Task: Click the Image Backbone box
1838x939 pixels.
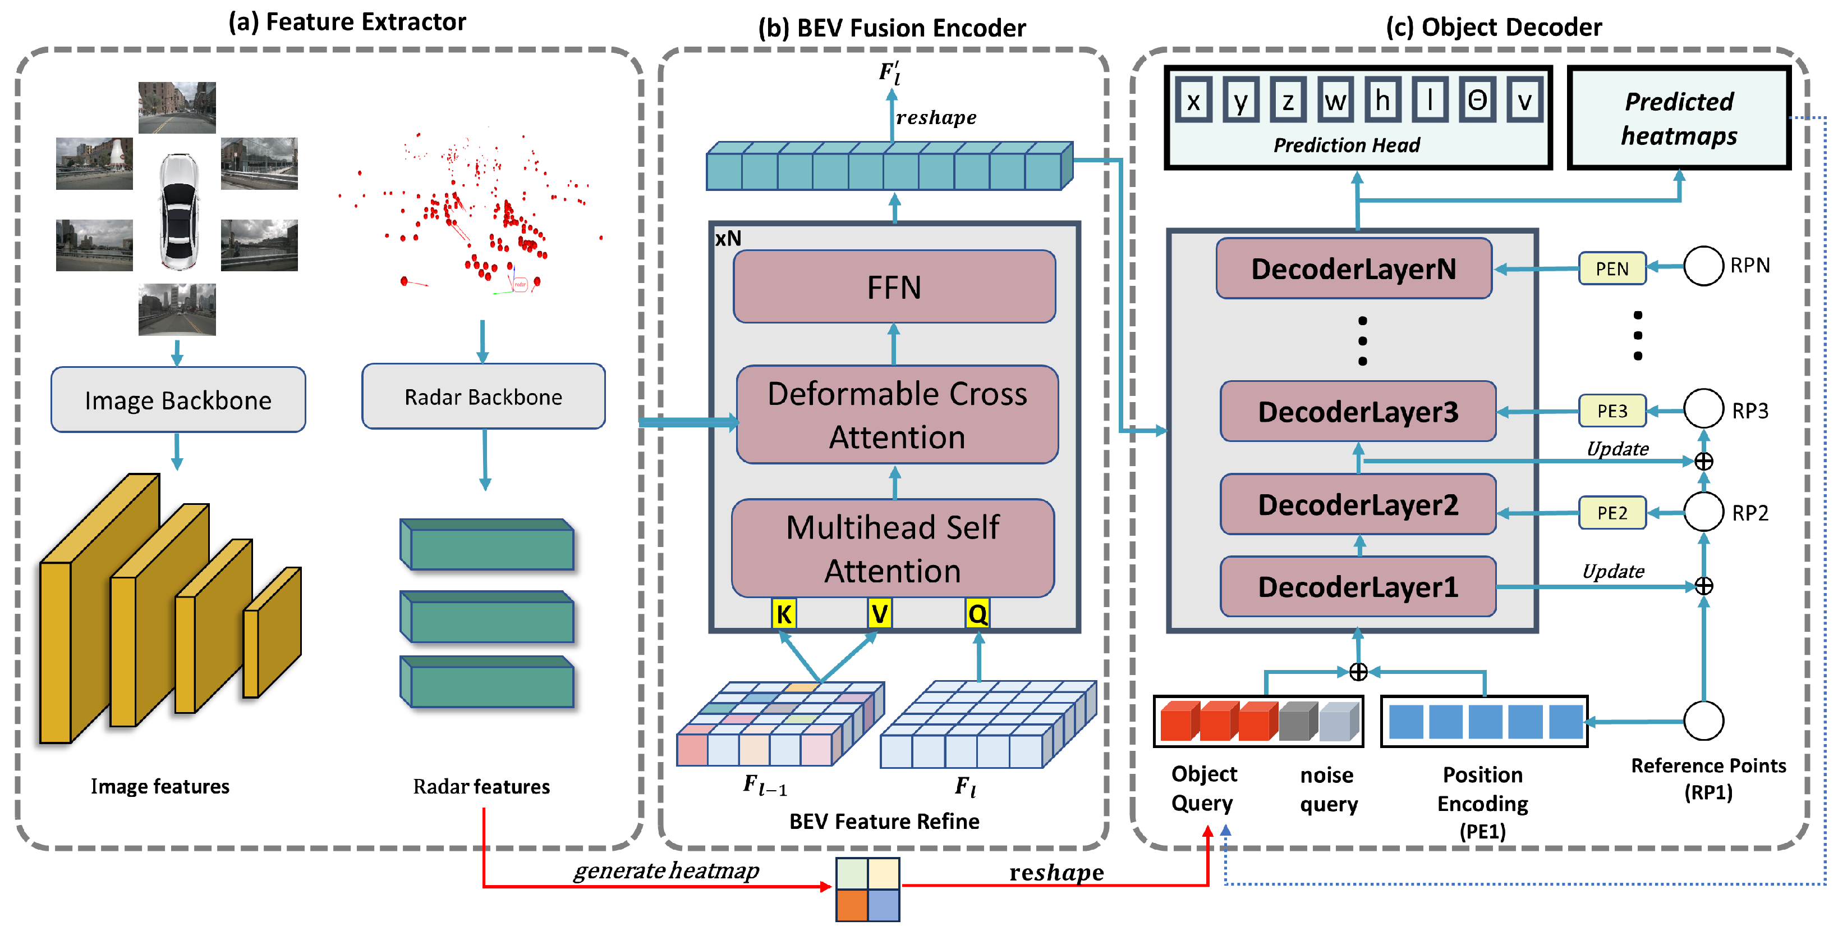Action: pyautogui.click(x=178, y=400)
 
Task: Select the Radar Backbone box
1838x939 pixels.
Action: pyautogui.click(x=483, y=396)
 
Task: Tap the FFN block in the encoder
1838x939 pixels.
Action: pyautogui.click(x=894, y=287)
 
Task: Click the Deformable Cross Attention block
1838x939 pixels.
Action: pyautogui.click(x=897, y=415)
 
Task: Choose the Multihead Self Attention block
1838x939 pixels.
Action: pyautogui.click(x=893, y=548)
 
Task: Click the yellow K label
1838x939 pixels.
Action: pyautogui.click(x=783, y=614)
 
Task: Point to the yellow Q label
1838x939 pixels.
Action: pyautogui.click(x=977, y=614)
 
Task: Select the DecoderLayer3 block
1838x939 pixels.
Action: pyautogui.click(x=1357, y=411)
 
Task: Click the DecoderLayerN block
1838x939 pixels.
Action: pyautogui.click(x=1353, y=268)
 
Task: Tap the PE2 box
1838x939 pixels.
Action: pyautogui.click(x=1612, y=513)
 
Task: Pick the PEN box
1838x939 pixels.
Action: pyautogui.click(x=1612, y=268)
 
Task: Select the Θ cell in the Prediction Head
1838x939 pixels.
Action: pyautogui.click(x=1476, y=101)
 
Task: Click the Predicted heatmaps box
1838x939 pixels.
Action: pyautogui.click(x=1678, y=118)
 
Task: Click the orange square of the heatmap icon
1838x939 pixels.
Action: pyautogui.click(x=852, y=905)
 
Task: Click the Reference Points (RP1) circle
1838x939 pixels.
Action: pyautogui.click(x=1703, y=721)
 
